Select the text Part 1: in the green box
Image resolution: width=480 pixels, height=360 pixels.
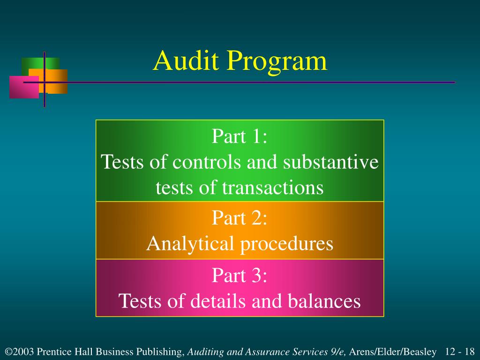tap(240, 137)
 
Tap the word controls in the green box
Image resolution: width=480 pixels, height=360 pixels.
tap(202, 163)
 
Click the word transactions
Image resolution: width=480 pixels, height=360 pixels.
tap(272, 188)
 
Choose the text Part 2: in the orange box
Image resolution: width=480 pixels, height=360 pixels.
tap(240, 218)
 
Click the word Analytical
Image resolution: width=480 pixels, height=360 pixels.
tap(190, 244)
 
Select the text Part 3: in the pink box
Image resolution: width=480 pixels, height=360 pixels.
tap(240, 275)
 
